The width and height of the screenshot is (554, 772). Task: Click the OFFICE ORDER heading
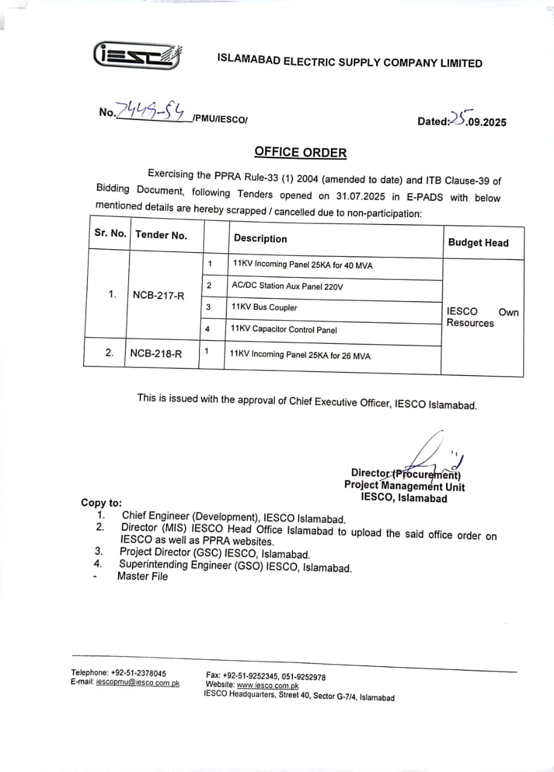coord(300,151)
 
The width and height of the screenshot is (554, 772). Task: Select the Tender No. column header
coord(161,235)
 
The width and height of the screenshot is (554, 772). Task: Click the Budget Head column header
coord(478,242)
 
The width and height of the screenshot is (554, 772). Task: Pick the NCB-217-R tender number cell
coord(159,296)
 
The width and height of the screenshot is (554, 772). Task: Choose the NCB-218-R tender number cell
coord(156,354)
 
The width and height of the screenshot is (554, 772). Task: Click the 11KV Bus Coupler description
coord(264,308)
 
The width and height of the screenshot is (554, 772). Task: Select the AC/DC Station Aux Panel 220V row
coord(287,286)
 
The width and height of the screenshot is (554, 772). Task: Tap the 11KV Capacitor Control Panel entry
coord(284,329)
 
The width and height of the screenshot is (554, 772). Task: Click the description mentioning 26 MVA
coord(300,355)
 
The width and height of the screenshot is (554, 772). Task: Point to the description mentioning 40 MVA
coord(303,265)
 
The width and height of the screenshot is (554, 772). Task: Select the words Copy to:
coord(101,503)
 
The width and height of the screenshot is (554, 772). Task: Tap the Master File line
coord(142,577)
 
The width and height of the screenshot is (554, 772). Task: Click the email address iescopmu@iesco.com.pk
coord(137,683)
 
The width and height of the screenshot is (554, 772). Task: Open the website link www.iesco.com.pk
coord(268,685)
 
